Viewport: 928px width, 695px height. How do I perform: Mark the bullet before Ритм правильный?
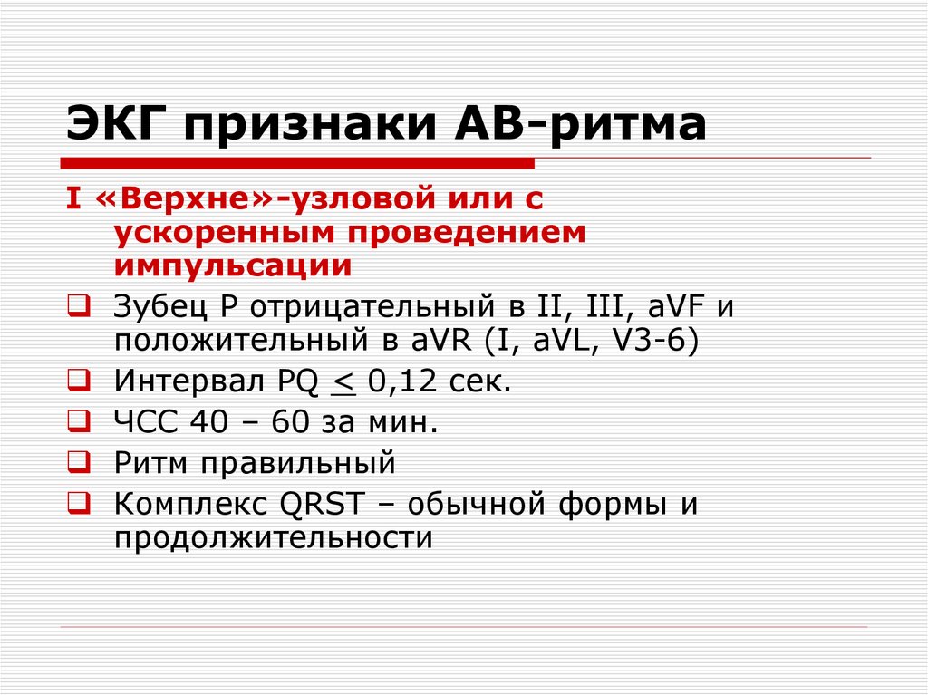tap(77, 462)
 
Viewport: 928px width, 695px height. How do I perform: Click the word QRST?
tap(323, 503)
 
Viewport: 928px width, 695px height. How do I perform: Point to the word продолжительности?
tap(271, 537)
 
